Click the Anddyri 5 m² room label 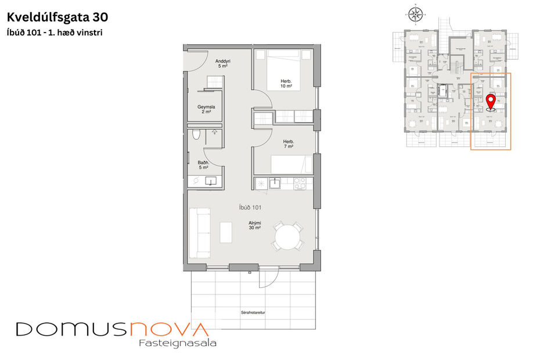[222, 63]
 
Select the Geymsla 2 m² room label [207, 109]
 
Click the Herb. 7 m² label [289, 144]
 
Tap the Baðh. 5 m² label [203, 164]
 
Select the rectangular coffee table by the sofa [225, 232]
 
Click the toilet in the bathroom [197, 136]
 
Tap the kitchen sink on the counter [274, 183]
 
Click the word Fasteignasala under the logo [178, 343]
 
